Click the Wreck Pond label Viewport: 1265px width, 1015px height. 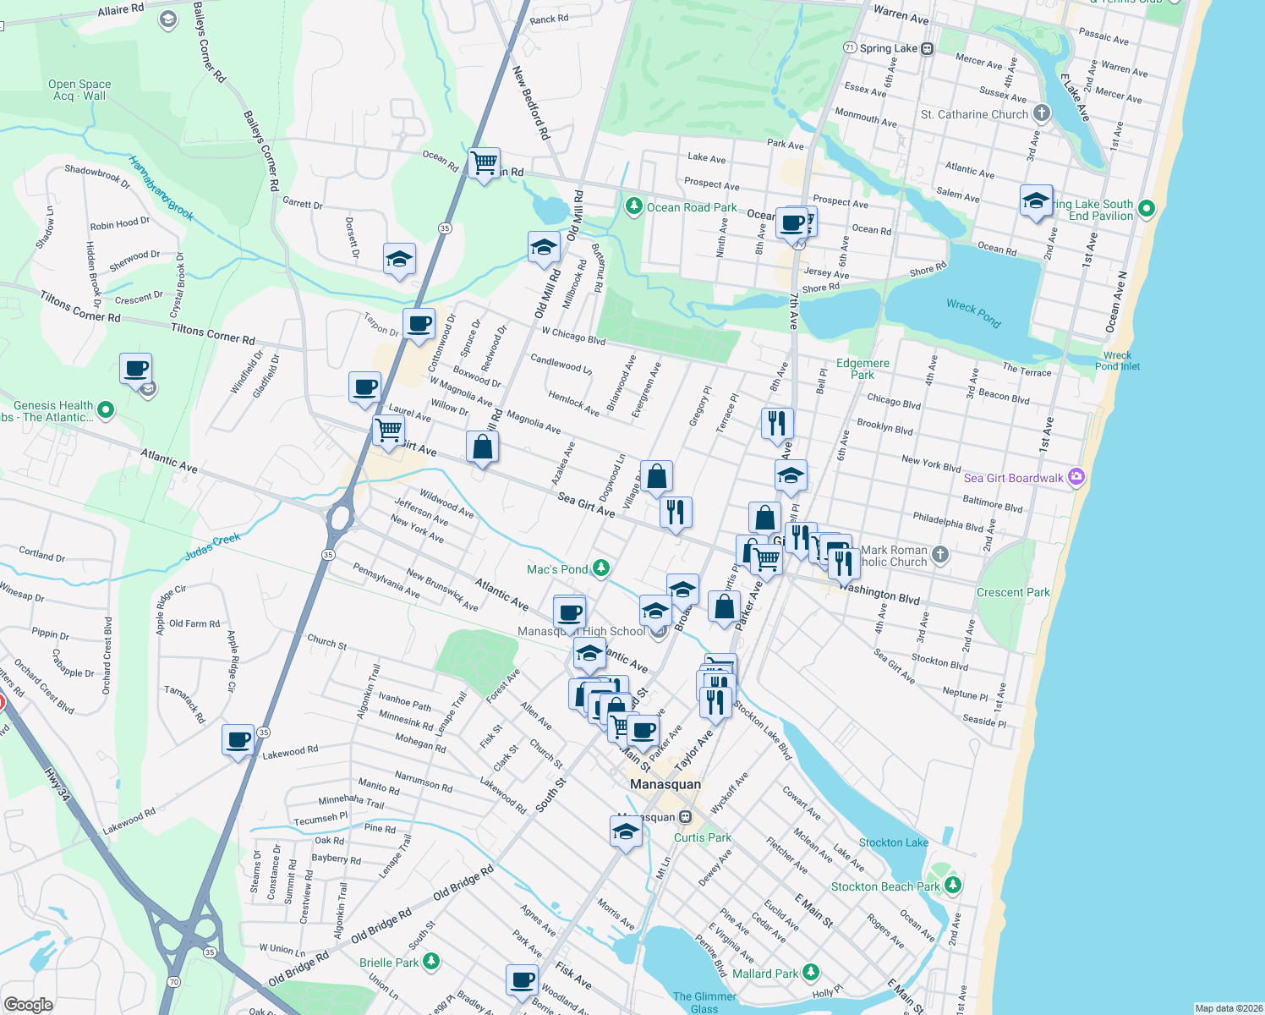click(x=973, y=312)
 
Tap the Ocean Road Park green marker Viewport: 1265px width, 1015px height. click(x=633, y=206)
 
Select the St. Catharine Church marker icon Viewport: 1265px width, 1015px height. click(x=1042, y=112)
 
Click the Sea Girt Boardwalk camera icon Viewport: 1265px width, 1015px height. click(x=1076, y=477)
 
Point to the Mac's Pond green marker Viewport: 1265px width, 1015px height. click(x=601, y=568)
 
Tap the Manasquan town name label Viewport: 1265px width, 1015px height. click(x=665, y=784)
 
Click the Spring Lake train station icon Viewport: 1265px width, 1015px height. click(x=928, y=48)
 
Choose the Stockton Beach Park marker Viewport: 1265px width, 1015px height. click(x=953, y=885)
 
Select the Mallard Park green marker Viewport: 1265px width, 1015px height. click(x=811, y=973)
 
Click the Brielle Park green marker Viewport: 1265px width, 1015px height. click(x=431, y=961)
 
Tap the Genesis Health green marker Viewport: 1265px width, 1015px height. click(x=106, y=410)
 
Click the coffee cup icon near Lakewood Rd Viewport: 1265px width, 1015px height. click(x=238, y=740)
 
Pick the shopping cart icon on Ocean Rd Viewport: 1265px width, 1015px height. click(x=484, y=162)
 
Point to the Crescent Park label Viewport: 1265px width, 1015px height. click(x=1013, y=592)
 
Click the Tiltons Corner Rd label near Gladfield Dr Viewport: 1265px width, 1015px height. click(x=213, y=334)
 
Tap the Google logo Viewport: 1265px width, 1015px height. click(x=28, y=1004)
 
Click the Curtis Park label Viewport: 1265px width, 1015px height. click(x=703, y=837)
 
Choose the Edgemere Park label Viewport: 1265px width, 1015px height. click(x=862, y=369)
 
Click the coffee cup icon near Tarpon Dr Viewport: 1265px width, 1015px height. click(x=419, y=324)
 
